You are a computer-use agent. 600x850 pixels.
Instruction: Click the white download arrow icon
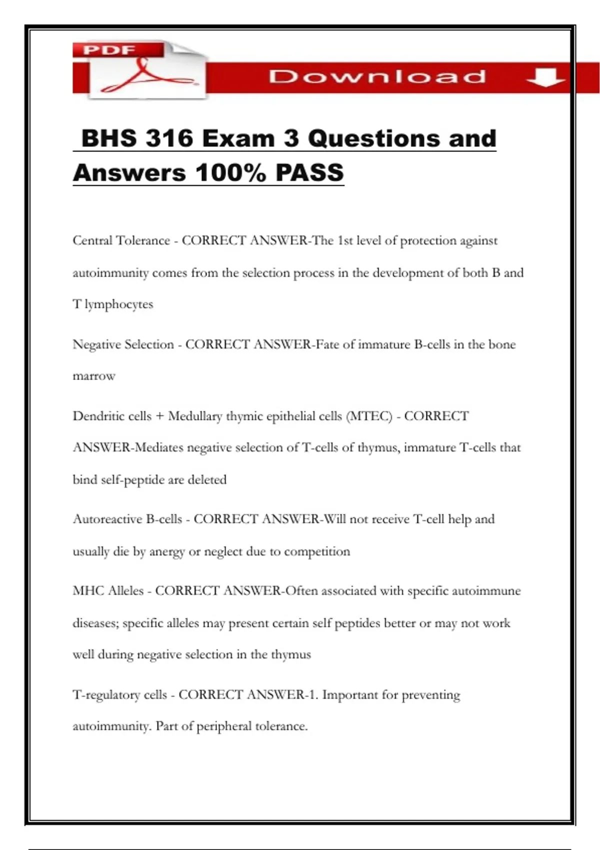(x=545, y=77)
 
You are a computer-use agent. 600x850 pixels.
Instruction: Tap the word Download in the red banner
(x=377, y=76)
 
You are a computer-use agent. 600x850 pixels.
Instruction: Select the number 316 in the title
(x=169, y=138)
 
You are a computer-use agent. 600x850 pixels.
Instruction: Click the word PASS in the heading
(x=309, y=173)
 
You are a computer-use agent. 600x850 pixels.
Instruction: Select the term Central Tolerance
(x=121, y=241)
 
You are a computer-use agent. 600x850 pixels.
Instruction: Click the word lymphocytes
(x=119, y=304)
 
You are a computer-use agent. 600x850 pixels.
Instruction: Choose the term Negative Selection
(x=123, y=344)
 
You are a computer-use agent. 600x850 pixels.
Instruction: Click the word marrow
(x=94, y=376)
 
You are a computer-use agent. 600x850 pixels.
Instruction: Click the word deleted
(x=207, y=480)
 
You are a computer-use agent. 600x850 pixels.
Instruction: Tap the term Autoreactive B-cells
(x=127, y=519)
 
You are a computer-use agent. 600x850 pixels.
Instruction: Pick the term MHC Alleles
(x=108, y=591)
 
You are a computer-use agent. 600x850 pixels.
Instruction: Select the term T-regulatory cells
(x=120, y=695)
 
